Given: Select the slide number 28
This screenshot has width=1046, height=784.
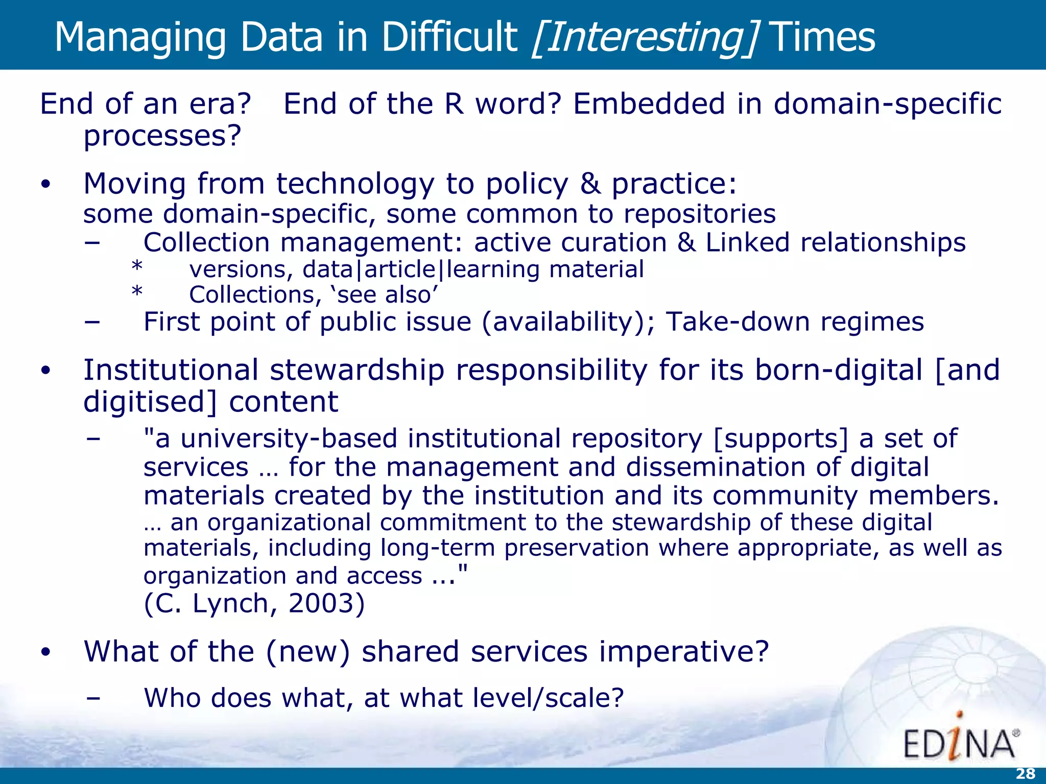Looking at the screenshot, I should (1025, 774).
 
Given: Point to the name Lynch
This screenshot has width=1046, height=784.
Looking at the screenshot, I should (230, 603).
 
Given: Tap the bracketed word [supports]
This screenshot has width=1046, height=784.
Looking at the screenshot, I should (780, 438).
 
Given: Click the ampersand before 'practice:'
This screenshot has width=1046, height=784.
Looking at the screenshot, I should (590, 184).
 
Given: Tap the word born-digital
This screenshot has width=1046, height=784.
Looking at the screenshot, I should (839, 370).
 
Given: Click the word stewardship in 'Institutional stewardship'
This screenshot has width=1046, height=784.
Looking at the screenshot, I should (357, 370).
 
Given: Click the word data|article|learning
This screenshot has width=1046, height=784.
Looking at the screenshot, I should (421, 269).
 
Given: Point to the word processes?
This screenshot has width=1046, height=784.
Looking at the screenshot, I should (162, 136).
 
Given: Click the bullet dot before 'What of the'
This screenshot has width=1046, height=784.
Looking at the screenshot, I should (46, 652).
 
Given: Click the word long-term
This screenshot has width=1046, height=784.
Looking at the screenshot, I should (438, 548).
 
